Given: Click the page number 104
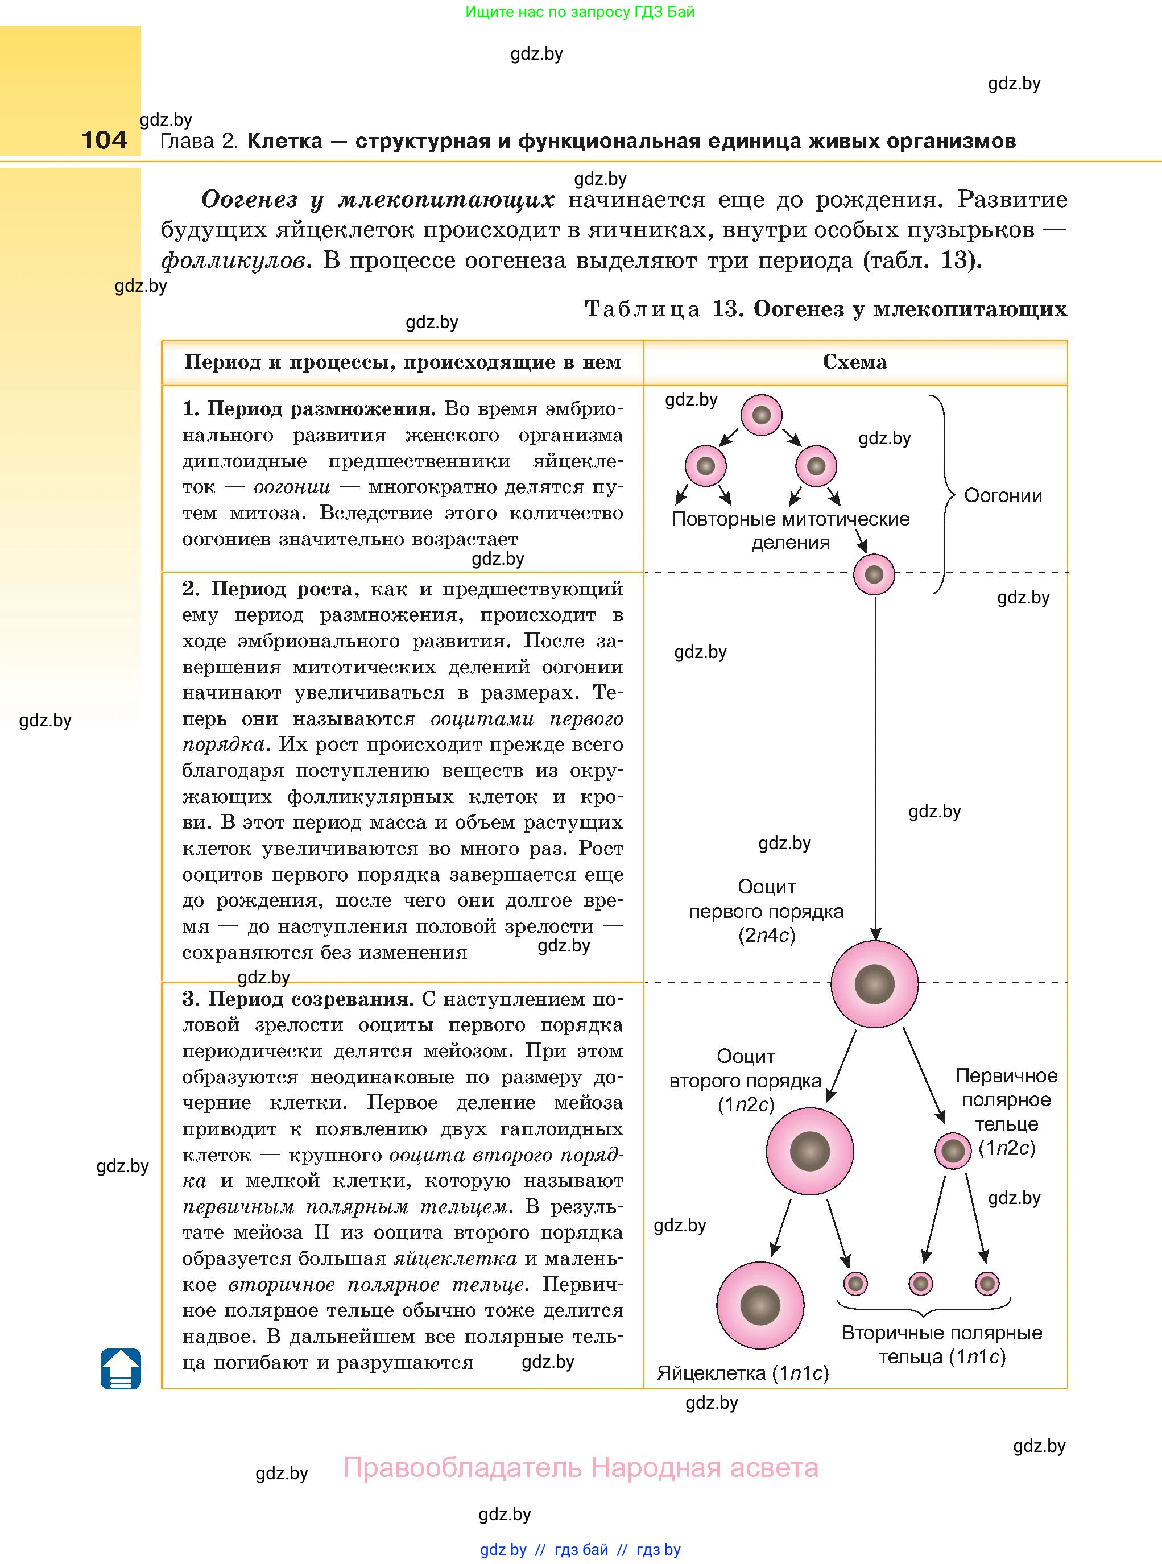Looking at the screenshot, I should coord(104,139).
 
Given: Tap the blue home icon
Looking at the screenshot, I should coord(121,1368).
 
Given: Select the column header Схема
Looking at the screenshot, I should coord(855,362).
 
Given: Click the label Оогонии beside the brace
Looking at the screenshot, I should coord(1002,496).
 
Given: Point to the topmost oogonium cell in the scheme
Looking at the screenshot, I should coord(761,415).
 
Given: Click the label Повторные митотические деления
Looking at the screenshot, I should coord(791,530).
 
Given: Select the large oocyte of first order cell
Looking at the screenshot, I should coord(874,984).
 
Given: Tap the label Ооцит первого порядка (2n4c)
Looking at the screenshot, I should coord(766,911).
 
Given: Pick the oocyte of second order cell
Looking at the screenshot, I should coord(809,1151).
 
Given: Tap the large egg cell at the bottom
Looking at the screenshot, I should coord(760,1305).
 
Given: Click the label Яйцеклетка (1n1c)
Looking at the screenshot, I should coord(743,1373).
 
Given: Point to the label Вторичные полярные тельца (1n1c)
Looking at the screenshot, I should coord(942,1344).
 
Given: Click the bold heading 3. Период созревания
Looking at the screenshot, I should coord(297,999).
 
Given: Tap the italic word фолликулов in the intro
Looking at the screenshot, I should coord(235,261).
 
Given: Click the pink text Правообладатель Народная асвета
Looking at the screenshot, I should coord(580,1468).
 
